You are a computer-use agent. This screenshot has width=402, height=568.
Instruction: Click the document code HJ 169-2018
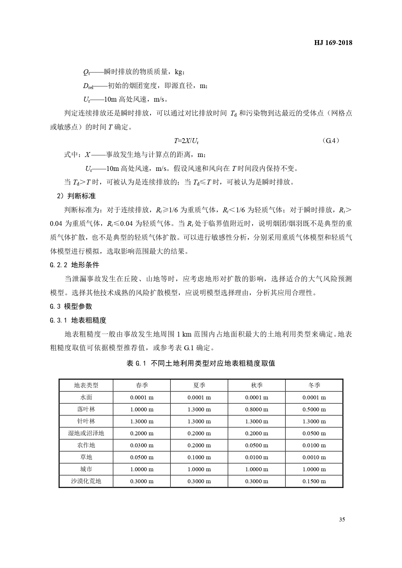333,42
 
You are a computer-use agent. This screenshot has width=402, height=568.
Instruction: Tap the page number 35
342,519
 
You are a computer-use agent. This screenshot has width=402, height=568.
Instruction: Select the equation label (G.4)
331,141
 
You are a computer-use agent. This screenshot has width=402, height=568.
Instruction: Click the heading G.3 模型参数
71,306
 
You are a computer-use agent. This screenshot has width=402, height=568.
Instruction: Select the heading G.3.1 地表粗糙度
78,320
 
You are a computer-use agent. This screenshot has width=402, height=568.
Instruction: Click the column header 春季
142,385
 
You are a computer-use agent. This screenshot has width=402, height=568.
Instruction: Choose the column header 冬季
314,385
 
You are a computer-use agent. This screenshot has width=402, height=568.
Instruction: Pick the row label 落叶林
86,409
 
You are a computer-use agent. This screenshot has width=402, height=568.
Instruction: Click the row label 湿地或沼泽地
86,433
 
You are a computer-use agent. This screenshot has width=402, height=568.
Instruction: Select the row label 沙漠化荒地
86,481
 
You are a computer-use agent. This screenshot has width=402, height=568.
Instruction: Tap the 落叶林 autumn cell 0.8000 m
257,409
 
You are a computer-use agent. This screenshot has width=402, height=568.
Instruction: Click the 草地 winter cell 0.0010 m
314,457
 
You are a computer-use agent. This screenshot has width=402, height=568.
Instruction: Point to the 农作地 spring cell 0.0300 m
142,445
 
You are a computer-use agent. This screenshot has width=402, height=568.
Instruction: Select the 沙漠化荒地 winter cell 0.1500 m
314,481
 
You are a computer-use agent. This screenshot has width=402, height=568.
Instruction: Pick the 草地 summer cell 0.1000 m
199,457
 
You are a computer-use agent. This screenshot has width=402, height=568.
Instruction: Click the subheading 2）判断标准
76,196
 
